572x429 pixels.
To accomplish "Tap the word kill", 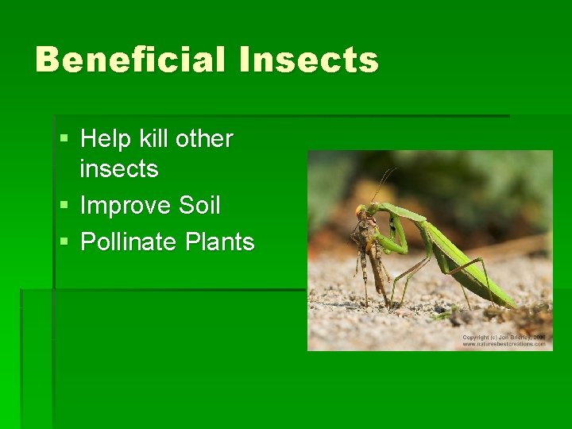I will pos(153,139).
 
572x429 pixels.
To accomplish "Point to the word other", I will pos(204,139).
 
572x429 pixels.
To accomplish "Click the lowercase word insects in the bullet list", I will pos(119,169).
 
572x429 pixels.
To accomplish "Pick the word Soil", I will pos(199,206).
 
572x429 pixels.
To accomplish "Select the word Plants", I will pos(220,242).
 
